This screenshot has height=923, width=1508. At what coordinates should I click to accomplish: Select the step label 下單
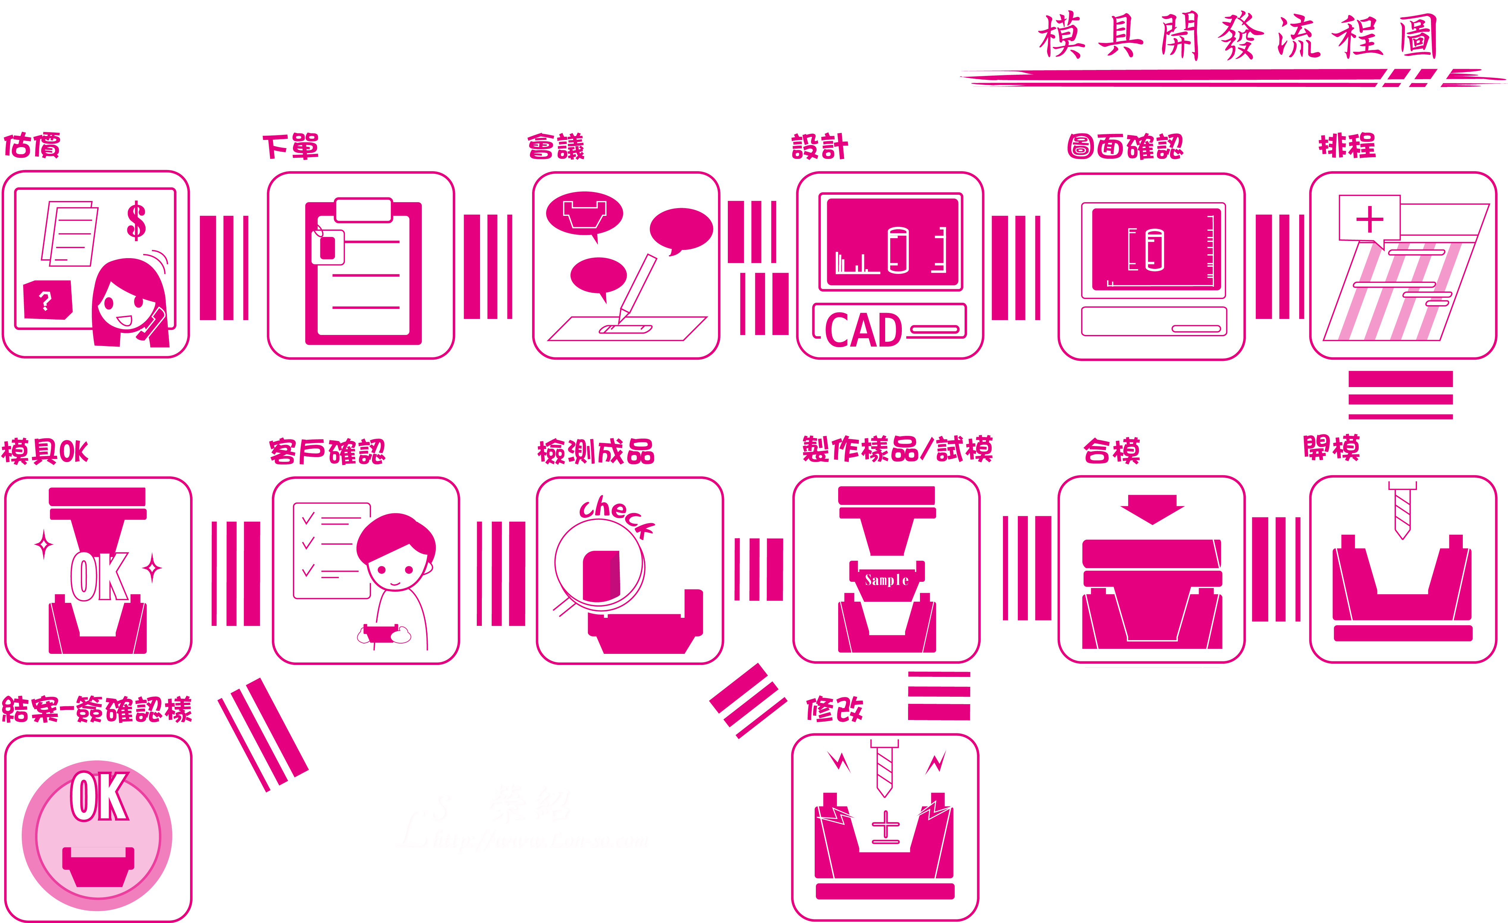(x=291, y=147)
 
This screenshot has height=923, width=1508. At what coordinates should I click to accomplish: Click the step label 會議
(x=556, y=147)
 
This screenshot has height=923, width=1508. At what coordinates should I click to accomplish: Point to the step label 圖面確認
(x=1125, y=147)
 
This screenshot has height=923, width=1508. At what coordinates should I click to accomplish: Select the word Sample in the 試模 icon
(x=886, y=579)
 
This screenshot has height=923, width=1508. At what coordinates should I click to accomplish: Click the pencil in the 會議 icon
(x=637, y=288)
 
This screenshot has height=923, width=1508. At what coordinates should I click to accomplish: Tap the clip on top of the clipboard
(x=363, y=210)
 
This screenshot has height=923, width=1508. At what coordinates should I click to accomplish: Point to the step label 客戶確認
(x=327, y=452)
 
